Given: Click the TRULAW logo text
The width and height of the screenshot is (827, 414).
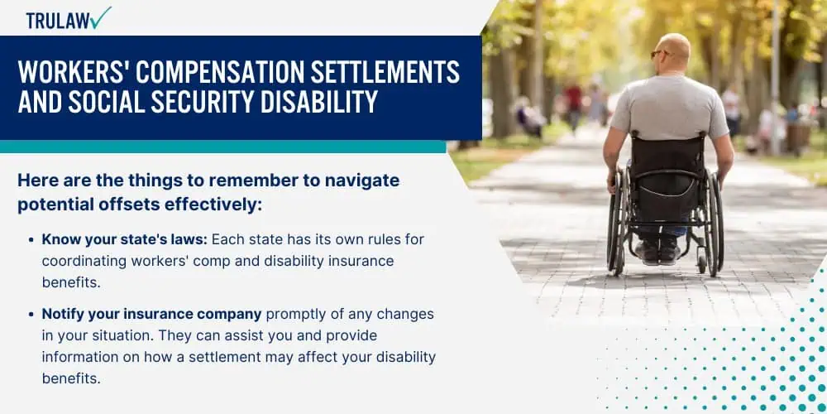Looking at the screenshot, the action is point(58,20).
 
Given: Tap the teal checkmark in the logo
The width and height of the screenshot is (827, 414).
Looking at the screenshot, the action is point(100,17).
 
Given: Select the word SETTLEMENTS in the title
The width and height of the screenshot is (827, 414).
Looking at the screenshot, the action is point(385,72).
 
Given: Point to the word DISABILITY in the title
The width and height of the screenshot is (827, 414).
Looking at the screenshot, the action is point(318,102).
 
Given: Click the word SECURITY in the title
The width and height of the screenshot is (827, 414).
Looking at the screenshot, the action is point(203,102).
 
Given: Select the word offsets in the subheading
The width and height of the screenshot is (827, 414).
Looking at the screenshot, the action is point(125,205).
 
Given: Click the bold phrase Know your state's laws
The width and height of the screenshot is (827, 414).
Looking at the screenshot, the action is point(125,240).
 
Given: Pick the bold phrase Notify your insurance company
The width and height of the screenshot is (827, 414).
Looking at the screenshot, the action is point(152,314).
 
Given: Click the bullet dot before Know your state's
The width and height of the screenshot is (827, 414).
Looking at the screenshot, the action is point(31,240).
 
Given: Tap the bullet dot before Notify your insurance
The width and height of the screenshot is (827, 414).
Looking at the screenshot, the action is point(31,314).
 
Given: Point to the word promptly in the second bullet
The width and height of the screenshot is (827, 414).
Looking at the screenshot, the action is point(298,315).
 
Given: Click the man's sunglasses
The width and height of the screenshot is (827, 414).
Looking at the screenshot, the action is point(659,53).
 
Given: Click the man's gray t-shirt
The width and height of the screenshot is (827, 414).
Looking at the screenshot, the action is point(669,106).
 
